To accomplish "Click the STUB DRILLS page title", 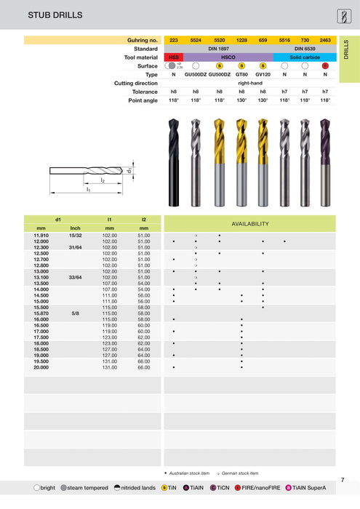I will (34, 15).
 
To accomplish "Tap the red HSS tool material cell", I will (173, 57).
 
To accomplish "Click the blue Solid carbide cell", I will (305, 57).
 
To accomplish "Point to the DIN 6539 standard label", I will (305, 48).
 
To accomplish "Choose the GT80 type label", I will (241, 75).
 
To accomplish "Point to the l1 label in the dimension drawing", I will (88, 189).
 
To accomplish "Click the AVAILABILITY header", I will (249, 223).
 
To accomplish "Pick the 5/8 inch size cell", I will (75, 313).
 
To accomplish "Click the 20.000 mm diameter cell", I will (41, 368).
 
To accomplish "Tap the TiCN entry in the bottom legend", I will (213, 488).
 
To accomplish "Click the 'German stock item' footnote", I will (238, 473).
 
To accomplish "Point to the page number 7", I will (342, 480).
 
